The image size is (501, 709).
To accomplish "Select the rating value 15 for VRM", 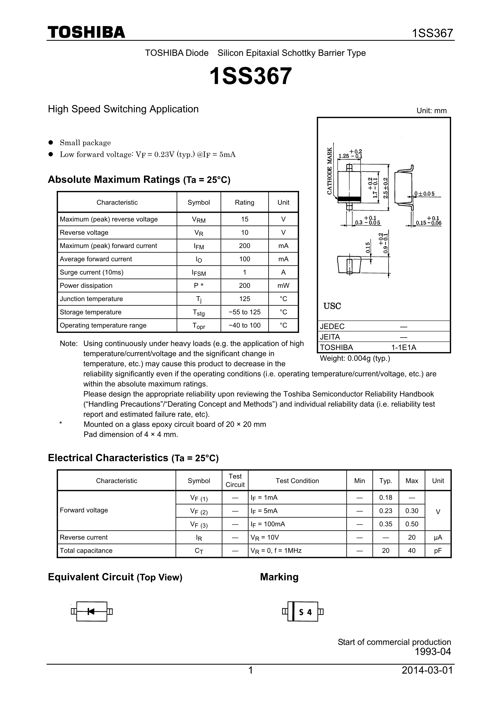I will (x=244, y=219).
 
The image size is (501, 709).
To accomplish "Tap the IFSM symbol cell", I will (x=199, y=273).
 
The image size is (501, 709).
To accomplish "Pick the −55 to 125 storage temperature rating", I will (x=244, y=312).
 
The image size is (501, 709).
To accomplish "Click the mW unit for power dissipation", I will (x=283, y=286).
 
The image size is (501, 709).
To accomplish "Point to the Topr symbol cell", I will (x=199, y=326).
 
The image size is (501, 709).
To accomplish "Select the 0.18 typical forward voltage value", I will (x=386, y=497).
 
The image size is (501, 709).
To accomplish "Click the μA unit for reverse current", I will (x=438, y=537).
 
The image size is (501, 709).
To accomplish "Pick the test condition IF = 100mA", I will (x=268, y=524).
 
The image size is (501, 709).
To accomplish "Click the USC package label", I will (x=332, y=306).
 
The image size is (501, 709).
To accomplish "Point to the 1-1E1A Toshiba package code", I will (x=404, y=347).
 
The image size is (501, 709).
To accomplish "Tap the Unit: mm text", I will (x=431, y=111).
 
